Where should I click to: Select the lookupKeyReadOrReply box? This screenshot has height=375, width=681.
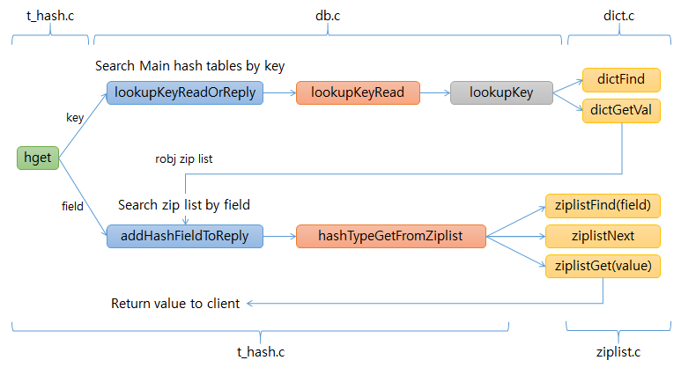[185, 92]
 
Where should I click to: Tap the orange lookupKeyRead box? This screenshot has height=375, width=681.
[358, 92]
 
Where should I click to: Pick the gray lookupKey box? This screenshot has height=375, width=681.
[501, 92]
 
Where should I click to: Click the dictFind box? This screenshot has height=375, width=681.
[620, 80]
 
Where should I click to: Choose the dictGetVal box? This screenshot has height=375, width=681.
[620, 110]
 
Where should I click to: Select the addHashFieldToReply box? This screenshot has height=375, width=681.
[185, 236]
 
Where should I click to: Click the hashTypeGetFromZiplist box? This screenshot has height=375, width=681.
[390, 236]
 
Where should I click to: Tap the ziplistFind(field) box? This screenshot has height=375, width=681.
[603, 205]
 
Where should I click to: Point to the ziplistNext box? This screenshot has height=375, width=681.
[603, 236]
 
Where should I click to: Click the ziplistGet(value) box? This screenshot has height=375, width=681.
[603, 266]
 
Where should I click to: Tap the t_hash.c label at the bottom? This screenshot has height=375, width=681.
[261, 352]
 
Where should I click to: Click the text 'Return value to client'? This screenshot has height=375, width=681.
[175, 304]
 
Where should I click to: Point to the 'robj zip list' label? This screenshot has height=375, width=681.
[184, 159]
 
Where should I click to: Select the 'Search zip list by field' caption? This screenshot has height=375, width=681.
[184, 205]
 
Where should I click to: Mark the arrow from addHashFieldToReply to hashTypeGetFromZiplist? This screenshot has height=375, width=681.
[279, 236]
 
